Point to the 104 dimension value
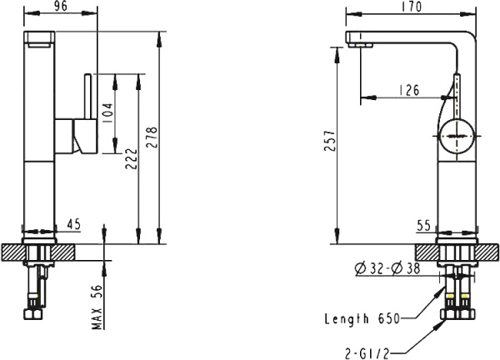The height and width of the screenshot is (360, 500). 107,110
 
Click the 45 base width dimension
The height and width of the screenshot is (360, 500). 73,223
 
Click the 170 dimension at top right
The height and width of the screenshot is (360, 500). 411,7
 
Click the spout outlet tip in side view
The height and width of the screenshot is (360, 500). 353,43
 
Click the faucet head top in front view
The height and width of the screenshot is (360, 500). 42,38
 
